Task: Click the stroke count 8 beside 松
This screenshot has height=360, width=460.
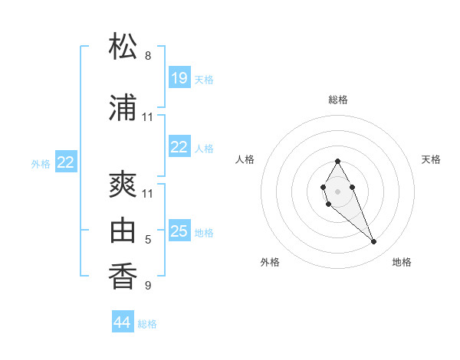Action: tap(148, 56)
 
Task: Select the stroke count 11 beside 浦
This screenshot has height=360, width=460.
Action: tap(148, 117)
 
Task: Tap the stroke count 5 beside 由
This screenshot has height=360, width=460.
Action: tap(148, 240)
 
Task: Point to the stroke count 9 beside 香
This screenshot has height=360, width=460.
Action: tap(148, 286)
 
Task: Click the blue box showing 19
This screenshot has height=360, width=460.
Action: tap(179, 77)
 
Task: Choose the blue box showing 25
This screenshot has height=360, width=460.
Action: tap(179, 231)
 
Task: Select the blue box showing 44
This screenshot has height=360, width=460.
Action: tap(123, 322)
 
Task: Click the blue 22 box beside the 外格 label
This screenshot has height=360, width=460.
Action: tap(66, 162)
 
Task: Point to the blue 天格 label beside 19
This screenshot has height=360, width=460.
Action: tap(204, 80)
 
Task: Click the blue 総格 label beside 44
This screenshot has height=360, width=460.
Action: tap(147, 324)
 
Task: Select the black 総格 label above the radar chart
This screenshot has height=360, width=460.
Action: tap(338, 100)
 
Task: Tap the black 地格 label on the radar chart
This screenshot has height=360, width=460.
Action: tap(402, 262)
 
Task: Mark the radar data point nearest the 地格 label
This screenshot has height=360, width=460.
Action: tap(373, 242)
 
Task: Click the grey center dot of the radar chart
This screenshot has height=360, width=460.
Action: tap(337, 191)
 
